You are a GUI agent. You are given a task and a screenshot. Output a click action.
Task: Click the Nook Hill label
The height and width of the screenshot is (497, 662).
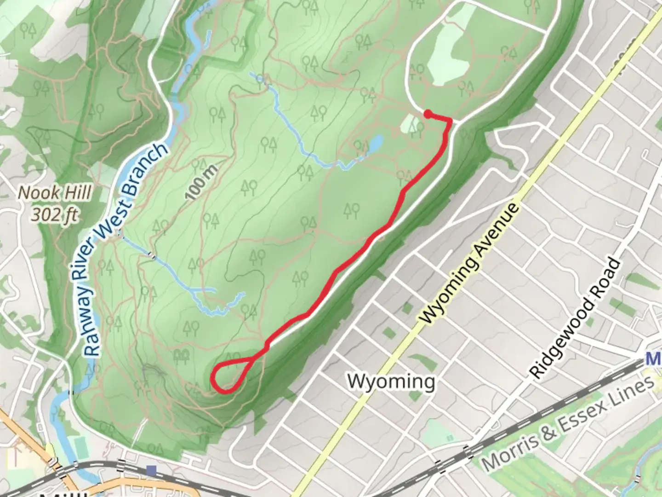(x=54, y=193)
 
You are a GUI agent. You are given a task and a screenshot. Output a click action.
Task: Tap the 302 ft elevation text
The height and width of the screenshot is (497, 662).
(x=54, y=214)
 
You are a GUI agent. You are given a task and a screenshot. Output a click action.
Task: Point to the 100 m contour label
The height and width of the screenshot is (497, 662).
(x=202, y=183)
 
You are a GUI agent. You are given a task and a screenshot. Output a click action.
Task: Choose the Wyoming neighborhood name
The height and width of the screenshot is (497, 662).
(x=391, y=381)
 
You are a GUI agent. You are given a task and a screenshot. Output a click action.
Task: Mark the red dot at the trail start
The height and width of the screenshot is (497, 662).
(x=428, y=114)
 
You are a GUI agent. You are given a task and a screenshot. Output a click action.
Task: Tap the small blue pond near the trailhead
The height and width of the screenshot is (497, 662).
(x=376, y=144)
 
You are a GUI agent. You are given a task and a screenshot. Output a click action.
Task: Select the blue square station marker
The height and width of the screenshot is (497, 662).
(x=151, y=470)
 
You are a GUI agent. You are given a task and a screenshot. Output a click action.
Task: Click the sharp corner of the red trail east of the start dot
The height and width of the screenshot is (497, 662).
(x=450, y=121)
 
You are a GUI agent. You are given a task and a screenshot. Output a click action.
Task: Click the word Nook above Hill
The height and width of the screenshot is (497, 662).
(x=37, y=193)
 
